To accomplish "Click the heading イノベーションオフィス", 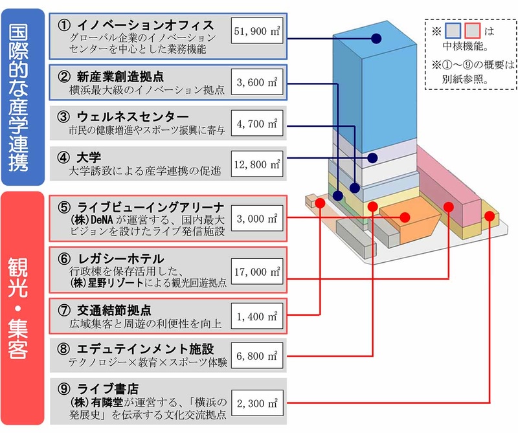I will point(145,25).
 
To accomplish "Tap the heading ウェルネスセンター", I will point(133,117).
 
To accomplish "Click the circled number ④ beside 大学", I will point(63,157).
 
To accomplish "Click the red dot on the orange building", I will point(405,217).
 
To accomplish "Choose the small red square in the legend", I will point(472,30).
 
